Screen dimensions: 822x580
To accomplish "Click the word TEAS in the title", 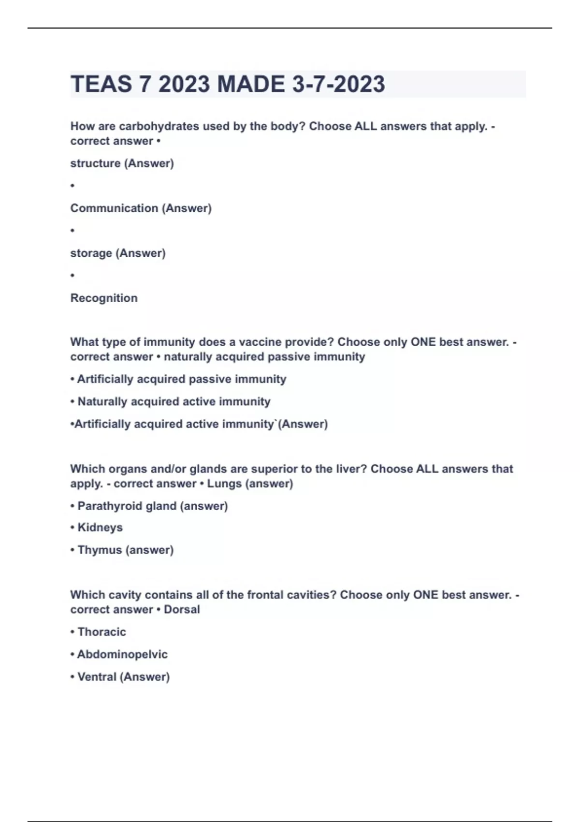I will (101, 84).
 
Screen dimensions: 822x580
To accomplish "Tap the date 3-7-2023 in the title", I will (338, 84).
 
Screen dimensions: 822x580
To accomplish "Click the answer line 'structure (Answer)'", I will (122, 163).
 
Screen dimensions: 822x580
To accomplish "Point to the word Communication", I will (114, 208).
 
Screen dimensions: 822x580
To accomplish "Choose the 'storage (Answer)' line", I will (118, 253).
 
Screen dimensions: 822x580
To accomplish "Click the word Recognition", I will (104, 298).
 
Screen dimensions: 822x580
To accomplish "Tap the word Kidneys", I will (100, 528).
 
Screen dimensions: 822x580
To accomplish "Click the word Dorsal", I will (182, 609).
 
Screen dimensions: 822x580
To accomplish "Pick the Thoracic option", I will (101, 632).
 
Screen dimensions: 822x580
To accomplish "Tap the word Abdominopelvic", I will (122, 654).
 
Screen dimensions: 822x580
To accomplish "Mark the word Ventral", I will (97, 677).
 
